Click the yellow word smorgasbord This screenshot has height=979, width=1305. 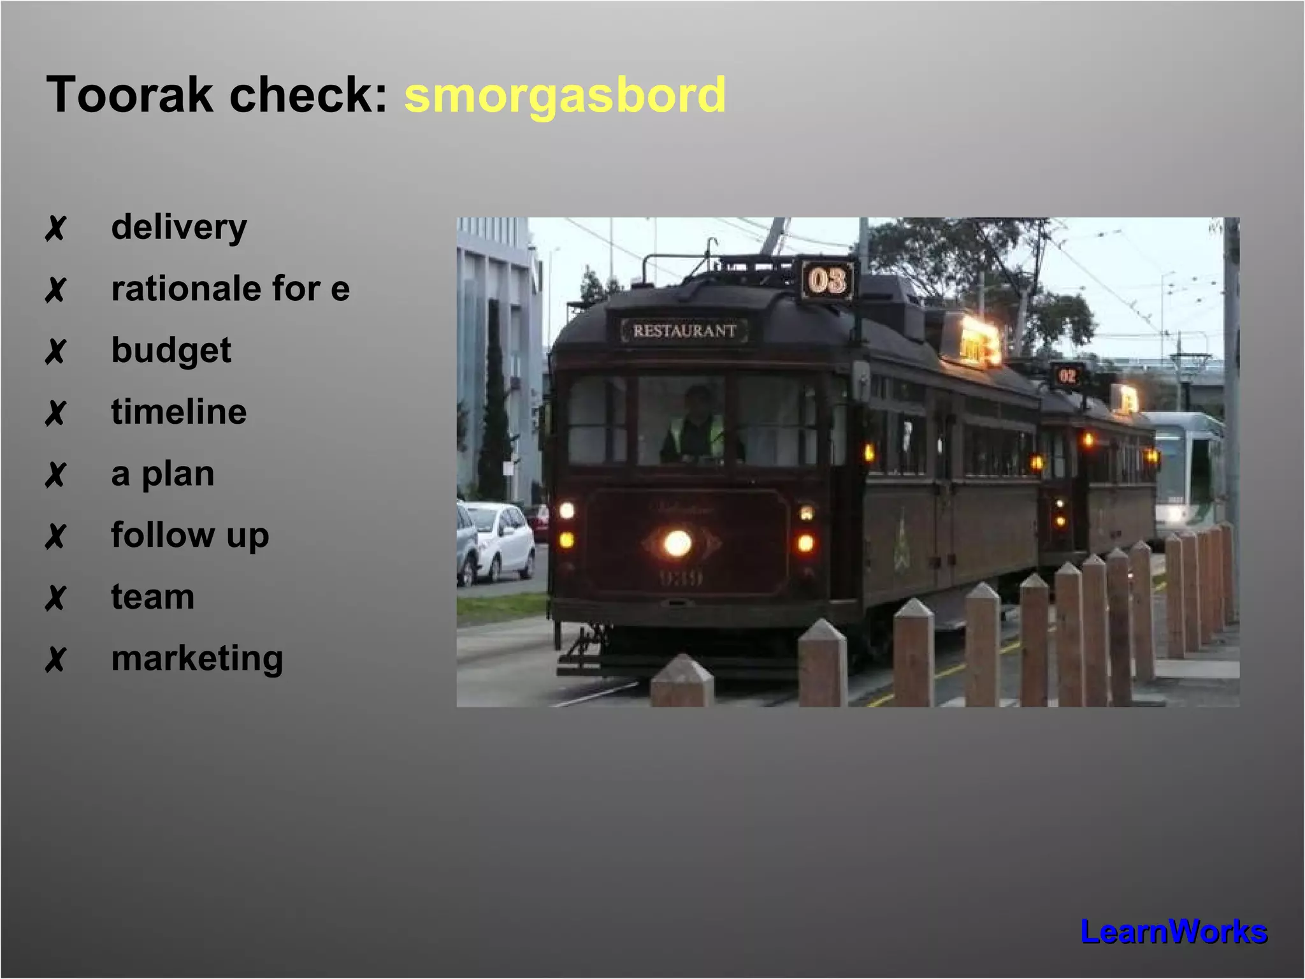coord(565,96)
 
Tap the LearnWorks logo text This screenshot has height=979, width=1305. coord(1174,932)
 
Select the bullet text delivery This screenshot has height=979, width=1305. coord(179,228)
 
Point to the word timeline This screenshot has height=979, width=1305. coord(179,412)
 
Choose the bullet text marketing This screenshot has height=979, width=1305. coord(197,658)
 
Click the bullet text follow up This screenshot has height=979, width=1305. coord(190,535)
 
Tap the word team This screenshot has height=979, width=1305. coord(153,597)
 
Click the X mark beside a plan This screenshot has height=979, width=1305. coord(55,475)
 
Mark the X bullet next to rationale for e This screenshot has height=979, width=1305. coord(55,290)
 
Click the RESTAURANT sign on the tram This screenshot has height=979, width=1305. coord(684,331)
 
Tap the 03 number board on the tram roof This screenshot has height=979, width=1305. coord(827,280)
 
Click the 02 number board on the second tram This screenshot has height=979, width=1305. coord(1067,376)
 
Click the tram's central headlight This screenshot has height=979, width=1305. coord(677,544)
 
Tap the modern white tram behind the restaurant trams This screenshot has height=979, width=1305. coord(1189,472)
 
